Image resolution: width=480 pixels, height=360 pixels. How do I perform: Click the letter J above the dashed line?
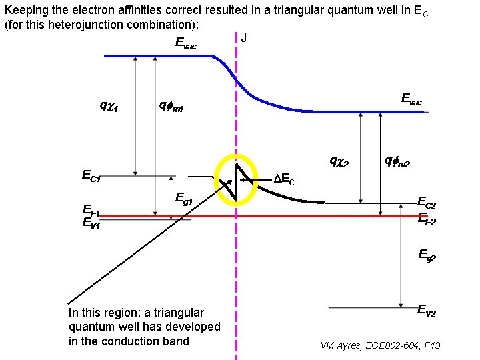pos(243,38)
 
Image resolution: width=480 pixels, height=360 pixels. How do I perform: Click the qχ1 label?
pos(109,105)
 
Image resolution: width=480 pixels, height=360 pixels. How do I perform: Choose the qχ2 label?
pos(339,161)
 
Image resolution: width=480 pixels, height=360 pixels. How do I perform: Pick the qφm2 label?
pos(398,161)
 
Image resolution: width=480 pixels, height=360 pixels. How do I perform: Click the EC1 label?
pos(91,176)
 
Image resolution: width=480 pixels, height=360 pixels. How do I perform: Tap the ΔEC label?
pos(284,179)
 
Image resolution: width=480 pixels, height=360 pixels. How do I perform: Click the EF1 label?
pos(91,213)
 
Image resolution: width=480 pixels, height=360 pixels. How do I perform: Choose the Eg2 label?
pos(427,254)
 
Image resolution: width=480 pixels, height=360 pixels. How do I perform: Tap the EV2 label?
pos(427,309)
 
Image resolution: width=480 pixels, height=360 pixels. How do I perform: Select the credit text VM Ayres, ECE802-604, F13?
pos(380,345)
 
